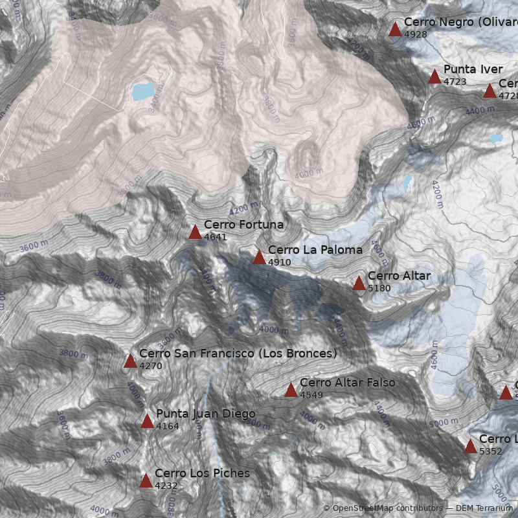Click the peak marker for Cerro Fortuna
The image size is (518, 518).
coord(195,232)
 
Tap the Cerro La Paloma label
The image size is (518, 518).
coord(315,250)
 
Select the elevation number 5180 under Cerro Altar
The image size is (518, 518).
coord(379,288)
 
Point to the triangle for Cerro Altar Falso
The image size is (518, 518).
coord(291,390)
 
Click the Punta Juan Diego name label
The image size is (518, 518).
coord(205,414)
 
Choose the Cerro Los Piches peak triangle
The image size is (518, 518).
coord(146,480)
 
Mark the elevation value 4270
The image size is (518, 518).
coord(150,366)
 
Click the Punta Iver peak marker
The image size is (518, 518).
coord(434,77)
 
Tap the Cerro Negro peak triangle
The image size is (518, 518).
coord(395,29)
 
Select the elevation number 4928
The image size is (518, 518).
coord(415,34)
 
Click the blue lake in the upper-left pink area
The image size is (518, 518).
coord(143,91)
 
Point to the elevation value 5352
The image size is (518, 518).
coord(490,451)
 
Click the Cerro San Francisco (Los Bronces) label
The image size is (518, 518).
coord(238,354)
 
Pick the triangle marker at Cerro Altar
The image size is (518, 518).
coord(359,283)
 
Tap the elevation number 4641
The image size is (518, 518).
coord(215,238)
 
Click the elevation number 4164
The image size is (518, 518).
coord(167,426)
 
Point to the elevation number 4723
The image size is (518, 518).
coord(455,82)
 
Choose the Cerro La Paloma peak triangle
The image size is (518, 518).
coord(259,258)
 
